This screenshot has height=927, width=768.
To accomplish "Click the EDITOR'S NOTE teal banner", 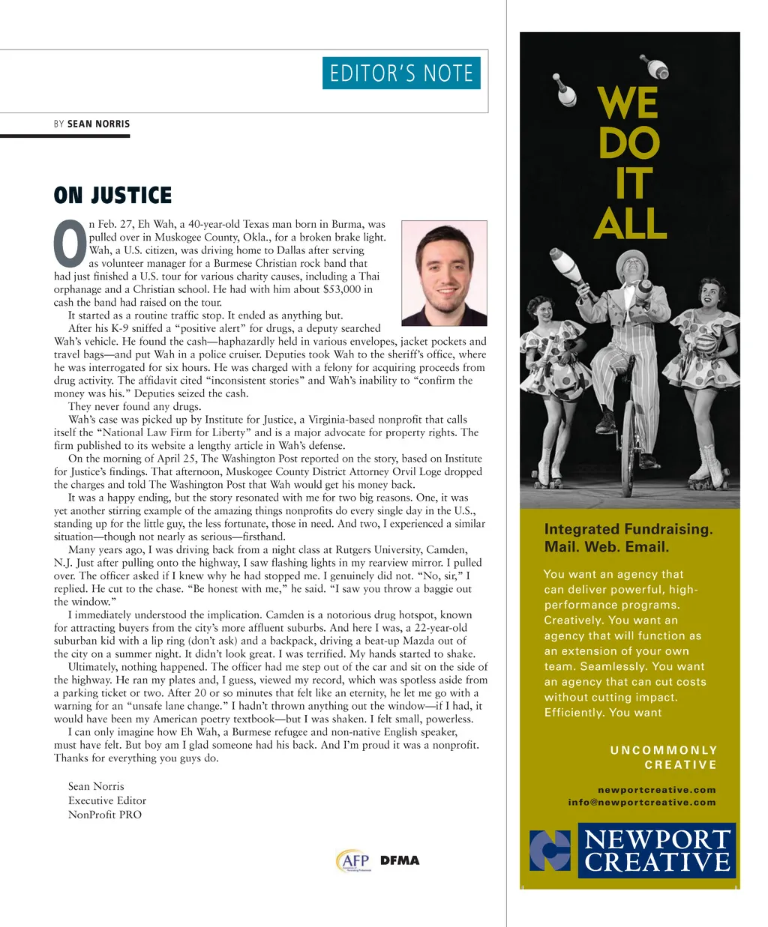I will click(401, 73).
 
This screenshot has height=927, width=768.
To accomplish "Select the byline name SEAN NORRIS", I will click(98, 124).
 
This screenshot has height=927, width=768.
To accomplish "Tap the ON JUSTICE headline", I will click(112, 196).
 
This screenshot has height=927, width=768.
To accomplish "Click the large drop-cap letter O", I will click(70, 244).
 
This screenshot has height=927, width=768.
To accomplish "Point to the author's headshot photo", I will click(444, 273).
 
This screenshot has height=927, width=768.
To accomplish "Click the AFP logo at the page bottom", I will click(353, 861).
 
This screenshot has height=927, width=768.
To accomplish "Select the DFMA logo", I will click(400, 860).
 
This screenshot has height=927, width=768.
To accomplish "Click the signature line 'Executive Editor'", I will click(107, 800).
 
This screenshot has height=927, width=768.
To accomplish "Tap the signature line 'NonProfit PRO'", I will click(105, 815).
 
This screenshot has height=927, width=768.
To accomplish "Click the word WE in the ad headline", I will click(628, 103).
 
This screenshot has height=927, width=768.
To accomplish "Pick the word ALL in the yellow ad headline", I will click(630, 223).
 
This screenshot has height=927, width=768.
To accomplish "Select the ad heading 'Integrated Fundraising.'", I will click(628, 529).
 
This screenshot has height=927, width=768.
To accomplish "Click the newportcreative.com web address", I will click(656, 790).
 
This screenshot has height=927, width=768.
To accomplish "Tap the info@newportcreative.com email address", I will click(641, 803).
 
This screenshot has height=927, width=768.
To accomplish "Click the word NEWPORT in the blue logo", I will click(657, 839).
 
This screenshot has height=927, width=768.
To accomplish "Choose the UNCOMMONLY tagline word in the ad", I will click(664, 750).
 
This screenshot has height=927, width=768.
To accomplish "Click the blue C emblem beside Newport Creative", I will click(550, 851).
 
